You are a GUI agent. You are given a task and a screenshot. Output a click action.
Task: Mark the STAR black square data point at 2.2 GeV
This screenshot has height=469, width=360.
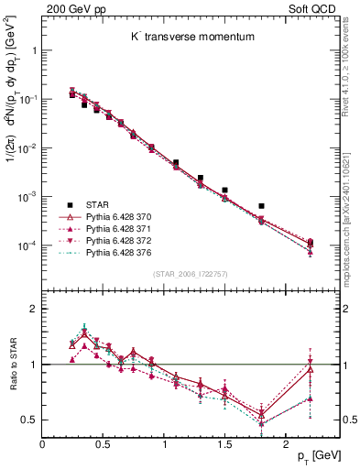pos(311,243)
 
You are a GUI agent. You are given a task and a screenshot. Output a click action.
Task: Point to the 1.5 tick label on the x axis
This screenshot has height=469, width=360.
pos(224,444)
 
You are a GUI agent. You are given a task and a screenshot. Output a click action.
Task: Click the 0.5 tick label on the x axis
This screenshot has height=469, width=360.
pos(103,444)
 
